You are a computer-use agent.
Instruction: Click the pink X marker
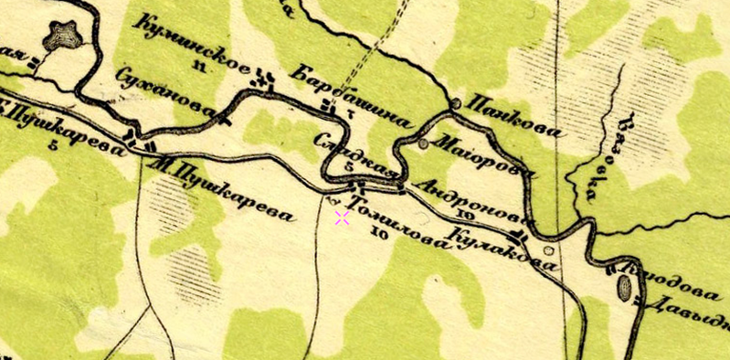pyautogui.click(x=342, y=217)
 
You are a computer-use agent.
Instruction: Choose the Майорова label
pyautogui.click(x=482, y=156)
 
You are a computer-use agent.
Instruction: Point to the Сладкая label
pyautogui.click(x=356, y=156)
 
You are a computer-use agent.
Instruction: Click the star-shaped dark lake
pyautogui.click(x=64, y=37)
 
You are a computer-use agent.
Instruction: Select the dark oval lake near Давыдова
pyautogui.click(x=626, y=290)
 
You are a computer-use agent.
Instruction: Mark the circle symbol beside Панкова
pyautogui.click(x=455, y=102)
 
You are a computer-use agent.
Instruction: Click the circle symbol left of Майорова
pyautogui.click(x=423, y=143)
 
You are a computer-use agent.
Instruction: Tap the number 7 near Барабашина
pyautogui.click(x=350, y=113)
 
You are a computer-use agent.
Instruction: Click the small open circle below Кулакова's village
pyautogui.click(x=548, y=250)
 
